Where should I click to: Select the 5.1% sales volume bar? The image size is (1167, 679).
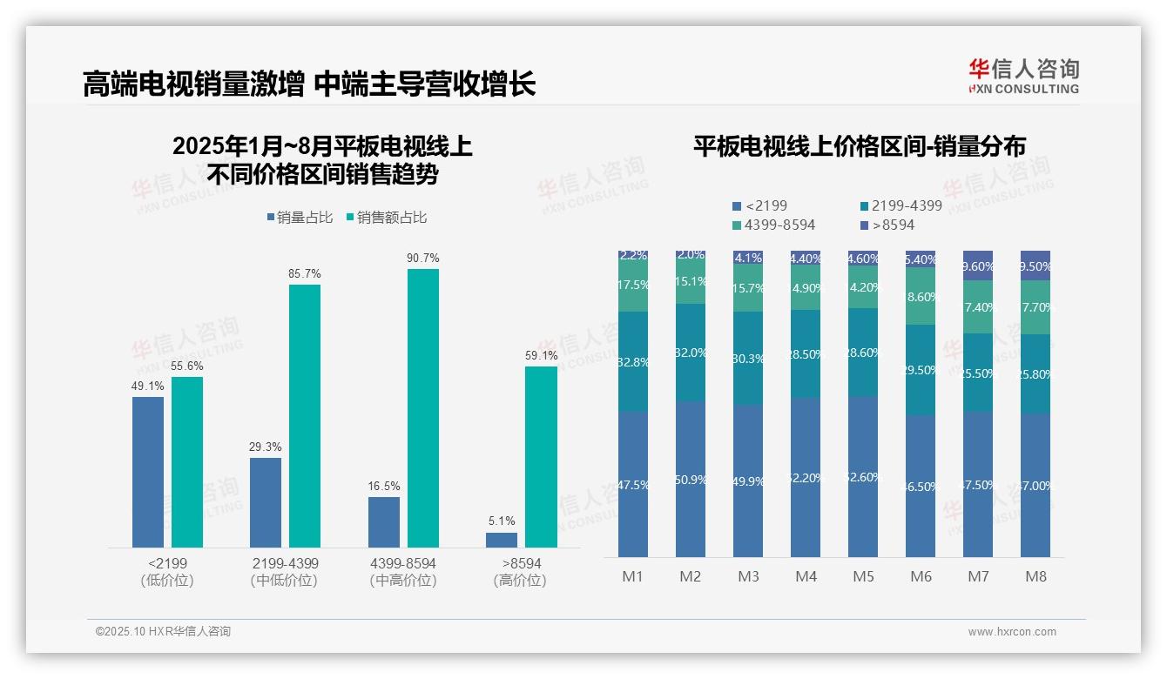point(502,540)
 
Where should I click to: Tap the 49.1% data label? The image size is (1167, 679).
point(147,387)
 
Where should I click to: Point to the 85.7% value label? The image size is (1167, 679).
point(305,274)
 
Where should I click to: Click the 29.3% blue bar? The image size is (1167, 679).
point(266,502)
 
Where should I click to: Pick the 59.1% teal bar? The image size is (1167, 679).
point(541,456)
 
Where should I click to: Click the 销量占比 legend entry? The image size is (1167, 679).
point(300,218)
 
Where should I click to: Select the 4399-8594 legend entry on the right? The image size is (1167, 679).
point(774,225)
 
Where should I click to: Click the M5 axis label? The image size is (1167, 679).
point(863,577)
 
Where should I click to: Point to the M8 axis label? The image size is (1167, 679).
point(1035,577)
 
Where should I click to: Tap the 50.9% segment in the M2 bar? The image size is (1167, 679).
point(691,479)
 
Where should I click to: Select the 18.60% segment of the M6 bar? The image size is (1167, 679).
point(921,296)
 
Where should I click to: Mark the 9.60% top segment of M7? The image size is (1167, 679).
point(978,266)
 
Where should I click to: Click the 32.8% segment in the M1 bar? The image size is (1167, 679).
point(633,361)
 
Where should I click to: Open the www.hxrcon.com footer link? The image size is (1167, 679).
point(1012,632)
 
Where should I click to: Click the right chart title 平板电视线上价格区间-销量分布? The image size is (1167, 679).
point(859,146)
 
